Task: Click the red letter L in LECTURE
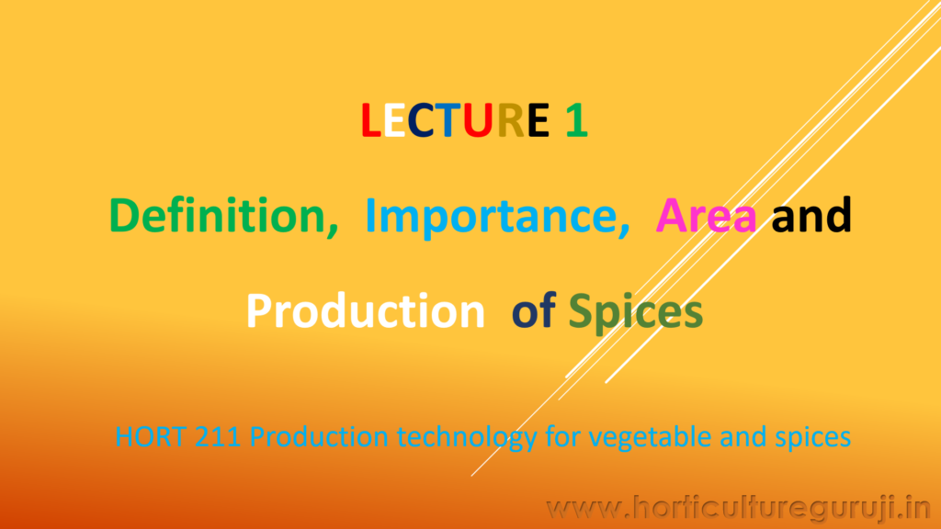point(371,120)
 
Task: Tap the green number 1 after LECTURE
point(576,120)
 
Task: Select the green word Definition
point(223,215)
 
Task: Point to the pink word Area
point(706,216)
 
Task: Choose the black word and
point(811,215)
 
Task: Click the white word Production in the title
point(366,310)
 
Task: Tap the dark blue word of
point(534,310)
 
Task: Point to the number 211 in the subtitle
point(217,436)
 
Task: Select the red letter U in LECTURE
point(477,120)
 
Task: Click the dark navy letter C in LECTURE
point(421,120)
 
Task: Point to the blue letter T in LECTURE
point(448,120)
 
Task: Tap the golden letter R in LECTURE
point(511,120)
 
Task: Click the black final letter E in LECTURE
point(539,120)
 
